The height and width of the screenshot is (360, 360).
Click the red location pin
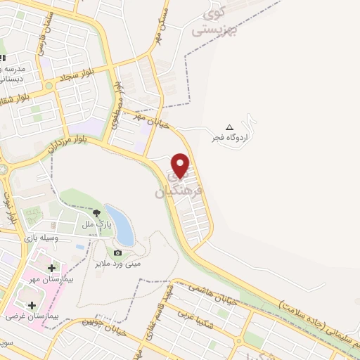click(181, 165)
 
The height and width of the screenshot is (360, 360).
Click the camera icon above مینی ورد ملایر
click(117, 252)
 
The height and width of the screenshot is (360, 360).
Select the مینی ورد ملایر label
click(117, 264)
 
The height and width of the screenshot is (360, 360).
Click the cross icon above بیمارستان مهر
click(51, 268)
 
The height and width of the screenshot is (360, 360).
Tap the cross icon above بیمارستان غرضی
click(32, 304)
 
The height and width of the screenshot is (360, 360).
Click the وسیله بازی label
click(39, 238)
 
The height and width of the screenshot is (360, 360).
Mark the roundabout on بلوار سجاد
click(49, 86)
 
